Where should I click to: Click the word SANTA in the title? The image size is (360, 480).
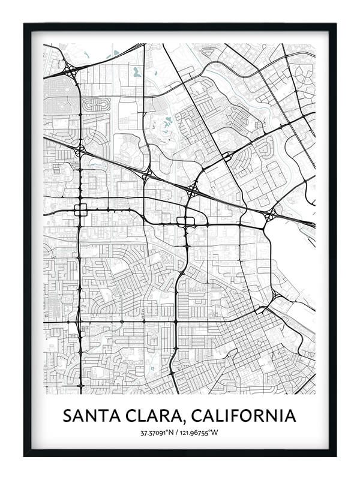pos(97,415)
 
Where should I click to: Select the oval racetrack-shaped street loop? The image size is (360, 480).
pos(97,104)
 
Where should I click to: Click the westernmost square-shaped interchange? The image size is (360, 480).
pos(80,210)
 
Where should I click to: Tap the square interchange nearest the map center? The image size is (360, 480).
pos(186,221)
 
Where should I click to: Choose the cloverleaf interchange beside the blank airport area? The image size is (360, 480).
pos(271,215)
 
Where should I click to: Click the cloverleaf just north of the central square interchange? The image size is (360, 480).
pos(192,191)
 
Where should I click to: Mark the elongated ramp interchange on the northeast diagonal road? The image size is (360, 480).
pos(227,157)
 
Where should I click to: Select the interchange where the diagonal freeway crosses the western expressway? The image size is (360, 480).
pos(79,150)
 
